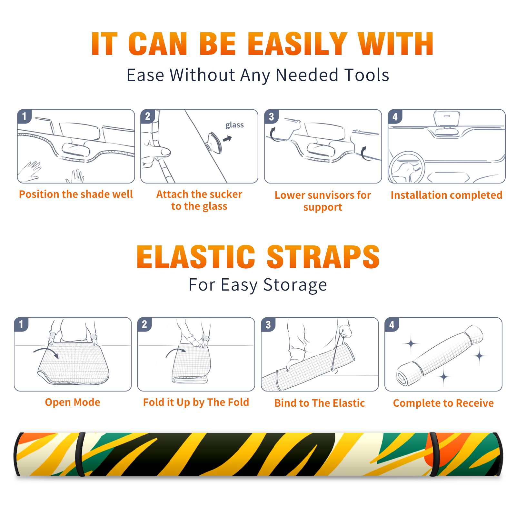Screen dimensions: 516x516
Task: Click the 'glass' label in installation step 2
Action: [234, 125]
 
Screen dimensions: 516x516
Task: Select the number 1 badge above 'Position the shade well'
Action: [25, 116]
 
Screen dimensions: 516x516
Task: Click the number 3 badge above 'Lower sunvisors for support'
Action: [271, 116]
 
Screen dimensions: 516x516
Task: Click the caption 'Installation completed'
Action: [446, 195]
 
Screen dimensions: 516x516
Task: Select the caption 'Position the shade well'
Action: [76, 194]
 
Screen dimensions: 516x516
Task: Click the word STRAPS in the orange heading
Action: [323, 257]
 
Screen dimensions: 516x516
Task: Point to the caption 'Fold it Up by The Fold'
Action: [196, 402]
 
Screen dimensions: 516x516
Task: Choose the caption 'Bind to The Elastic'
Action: [320, 403]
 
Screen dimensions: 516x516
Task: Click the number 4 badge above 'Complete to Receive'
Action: [392, 324]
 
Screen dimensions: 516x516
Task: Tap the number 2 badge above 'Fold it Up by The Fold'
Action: [144, 324]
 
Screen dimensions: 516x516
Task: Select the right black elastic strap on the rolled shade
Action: [434, 454]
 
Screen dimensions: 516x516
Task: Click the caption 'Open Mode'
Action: [73, 402]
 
